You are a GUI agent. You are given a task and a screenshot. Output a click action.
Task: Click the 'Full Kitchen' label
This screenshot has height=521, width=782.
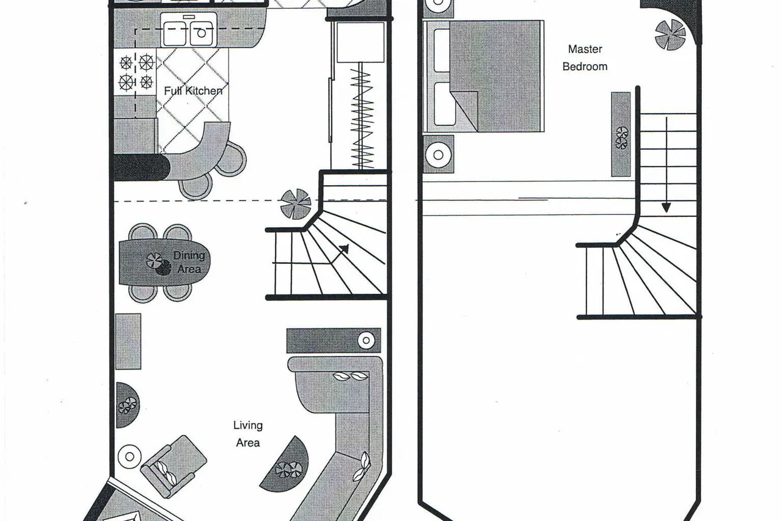(193, 91)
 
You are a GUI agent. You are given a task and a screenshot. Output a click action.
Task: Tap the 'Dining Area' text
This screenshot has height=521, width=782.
(189, 262)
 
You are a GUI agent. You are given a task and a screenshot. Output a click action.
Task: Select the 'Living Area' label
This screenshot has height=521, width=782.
(248, 434)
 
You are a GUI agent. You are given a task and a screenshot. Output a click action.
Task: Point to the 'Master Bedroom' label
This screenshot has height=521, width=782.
(585, 57)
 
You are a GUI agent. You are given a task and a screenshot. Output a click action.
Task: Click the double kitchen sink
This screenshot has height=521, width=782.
(189, 31)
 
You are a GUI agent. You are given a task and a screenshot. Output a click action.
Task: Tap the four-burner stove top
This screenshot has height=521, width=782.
(136, 72)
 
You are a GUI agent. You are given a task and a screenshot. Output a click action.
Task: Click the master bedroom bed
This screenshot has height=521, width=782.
(484, 76)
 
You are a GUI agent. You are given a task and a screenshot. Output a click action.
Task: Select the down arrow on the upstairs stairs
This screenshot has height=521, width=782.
(667, 165)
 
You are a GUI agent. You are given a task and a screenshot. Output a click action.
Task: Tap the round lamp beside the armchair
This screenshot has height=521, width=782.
(130, 456)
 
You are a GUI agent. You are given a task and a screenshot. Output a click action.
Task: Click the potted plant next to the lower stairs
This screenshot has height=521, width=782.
(296, 204)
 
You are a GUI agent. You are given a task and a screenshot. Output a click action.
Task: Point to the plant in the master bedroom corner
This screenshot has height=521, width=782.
(670, 35)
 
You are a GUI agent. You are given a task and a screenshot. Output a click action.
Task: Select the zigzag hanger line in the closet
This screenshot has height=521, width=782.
(362, 118)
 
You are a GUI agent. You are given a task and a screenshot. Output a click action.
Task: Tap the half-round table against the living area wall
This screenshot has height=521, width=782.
(128, 405)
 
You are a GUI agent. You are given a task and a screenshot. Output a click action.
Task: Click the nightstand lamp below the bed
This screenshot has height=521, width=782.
(439, 155)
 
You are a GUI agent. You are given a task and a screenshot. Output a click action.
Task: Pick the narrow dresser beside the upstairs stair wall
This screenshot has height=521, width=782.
(621, 134)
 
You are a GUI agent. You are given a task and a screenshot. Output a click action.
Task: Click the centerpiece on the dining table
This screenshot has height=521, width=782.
(158, 263)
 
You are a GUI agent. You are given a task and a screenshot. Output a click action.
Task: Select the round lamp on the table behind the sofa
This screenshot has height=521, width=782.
(366, 340)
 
